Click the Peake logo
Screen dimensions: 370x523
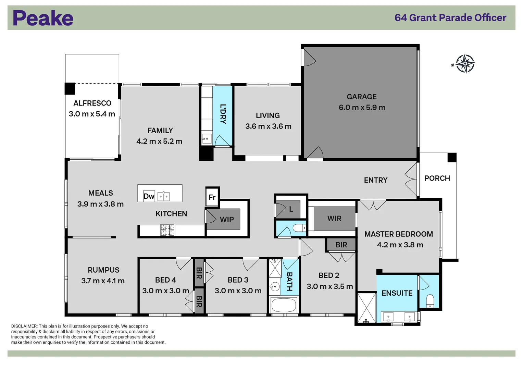pyautogui.click(x=43, y=18)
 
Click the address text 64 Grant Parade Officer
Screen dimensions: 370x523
pyautogui.click(x=450, y=18)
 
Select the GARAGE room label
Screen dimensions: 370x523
pyautogui.click(x=361, y=97)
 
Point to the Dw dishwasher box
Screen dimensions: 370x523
pyautogui.click(x=149, y=196)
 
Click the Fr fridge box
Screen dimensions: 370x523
pyautogui.click(x=212, y=197)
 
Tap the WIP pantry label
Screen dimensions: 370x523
pyautogui.click(x=227, y=220)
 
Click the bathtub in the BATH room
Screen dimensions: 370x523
pyautogui.click(x=283, y=305)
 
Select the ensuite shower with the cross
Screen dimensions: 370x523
pyautogui.click(x=366, y=308)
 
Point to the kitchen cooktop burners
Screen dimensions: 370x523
pyautogui.click(x=168, y=230)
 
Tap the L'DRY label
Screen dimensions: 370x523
pyautogui.click(x=223, y=114)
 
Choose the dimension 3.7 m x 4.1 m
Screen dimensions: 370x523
pyautogui.click(x=103, y=281)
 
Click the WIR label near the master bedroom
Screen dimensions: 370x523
pyautogui.click(x=334, y=219)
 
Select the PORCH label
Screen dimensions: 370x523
pyautogui.click(x=437, y=178)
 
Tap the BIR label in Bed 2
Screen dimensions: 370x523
pyautogui.click(x=341, y=245)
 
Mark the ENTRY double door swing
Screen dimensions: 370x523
pyautogui.click(x=411, y=179)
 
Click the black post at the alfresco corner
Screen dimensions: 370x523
pyautogui.click(x=70, y=89)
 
